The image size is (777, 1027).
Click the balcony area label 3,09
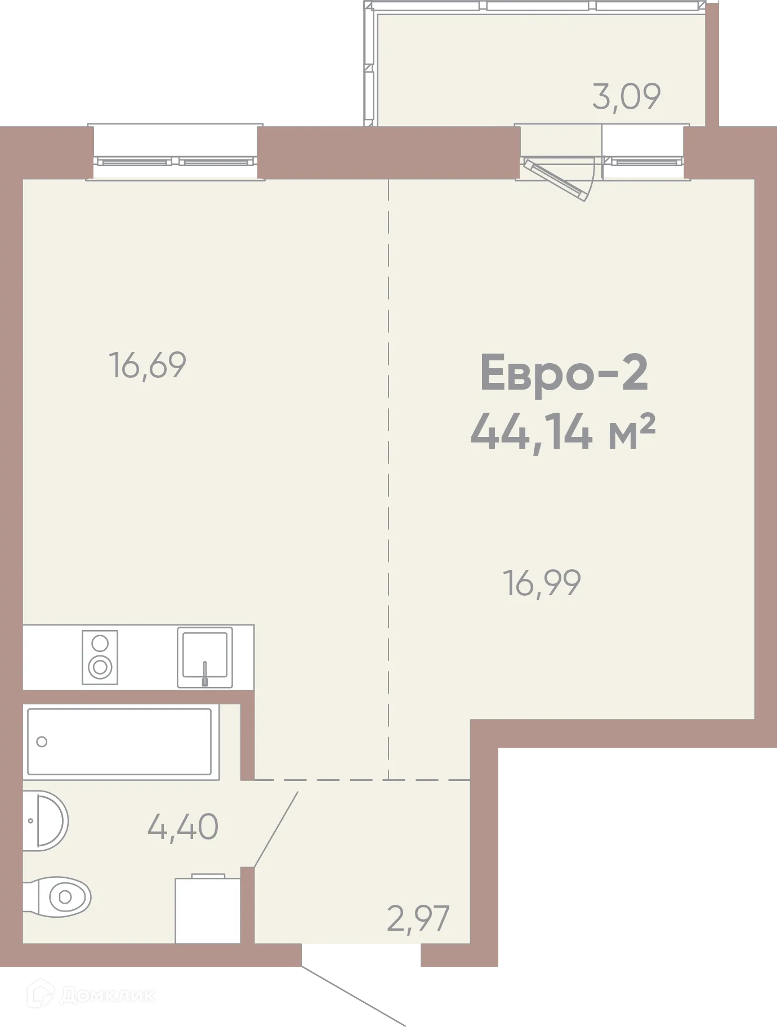pyautogui.click(x=626, y=96)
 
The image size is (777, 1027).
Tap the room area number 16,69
pyautogui.click(x=147, y=365)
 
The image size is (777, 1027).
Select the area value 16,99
pyautogui.click(x=541, y=583)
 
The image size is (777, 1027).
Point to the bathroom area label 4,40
pyautogui.click(x=182, y=827)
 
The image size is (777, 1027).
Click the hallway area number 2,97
pyautogui.click(x=418, y=918)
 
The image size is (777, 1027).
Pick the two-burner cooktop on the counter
pyautogui.click(x=100, y=657)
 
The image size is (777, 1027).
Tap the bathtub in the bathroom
pyautogui.click(x=120, y=742)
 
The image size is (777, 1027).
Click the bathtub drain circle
pyautogui.click(x=42, y=742)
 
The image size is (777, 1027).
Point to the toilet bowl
pyautogui.click(x=63, y=896)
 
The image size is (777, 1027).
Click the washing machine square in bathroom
pyautogui.click(x=208, y=910)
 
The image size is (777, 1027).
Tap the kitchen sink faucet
pyautogui.click(x=205, y=673)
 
